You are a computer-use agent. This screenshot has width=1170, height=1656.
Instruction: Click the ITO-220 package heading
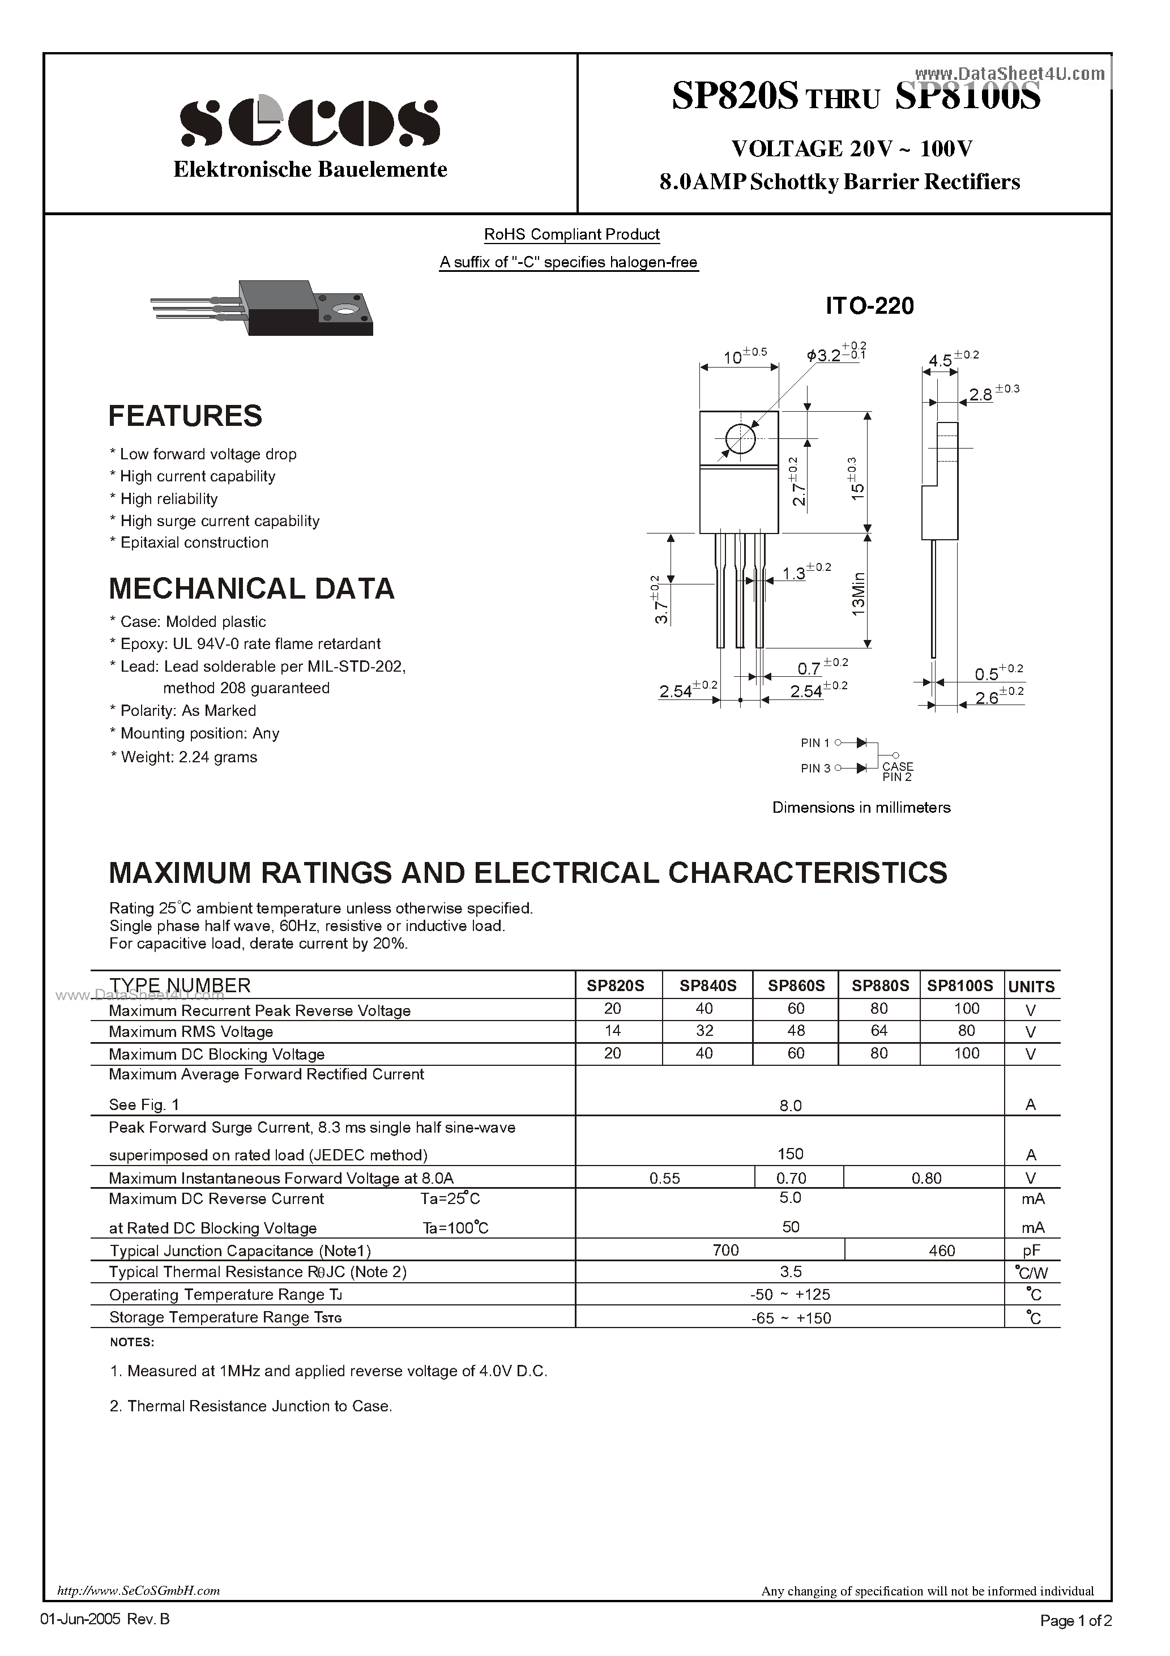869,306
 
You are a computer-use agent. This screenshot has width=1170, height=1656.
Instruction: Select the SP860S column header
796,985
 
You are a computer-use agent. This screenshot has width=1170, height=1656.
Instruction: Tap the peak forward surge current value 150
791,1154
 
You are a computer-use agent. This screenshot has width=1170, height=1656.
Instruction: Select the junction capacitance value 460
942,1250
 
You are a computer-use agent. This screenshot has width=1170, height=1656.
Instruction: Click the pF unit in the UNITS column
1031,1250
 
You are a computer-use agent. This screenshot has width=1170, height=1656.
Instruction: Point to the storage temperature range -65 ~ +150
791,1318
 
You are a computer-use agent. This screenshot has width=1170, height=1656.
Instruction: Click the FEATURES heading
185,416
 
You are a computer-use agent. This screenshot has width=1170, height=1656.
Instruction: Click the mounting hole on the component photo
345,310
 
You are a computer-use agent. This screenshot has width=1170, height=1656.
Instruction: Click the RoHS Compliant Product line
571,234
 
